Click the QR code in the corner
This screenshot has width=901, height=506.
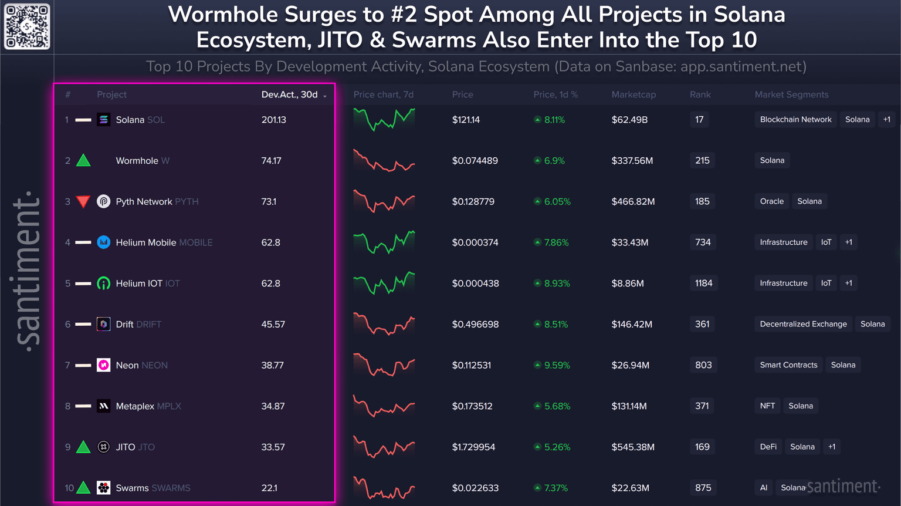(27, 26)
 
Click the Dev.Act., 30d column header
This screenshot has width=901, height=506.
(290, 95)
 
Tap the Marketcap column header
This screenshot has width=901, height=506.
(634, 95)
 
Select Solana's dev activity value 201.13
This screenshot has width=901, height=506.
(273, 120)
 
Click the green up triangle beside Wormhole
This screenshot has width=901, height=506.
(83, 160)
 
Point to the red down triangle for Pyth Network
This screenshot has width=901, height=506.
(83, 202)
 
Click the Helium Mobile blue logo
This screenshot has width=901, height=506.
(103, 242)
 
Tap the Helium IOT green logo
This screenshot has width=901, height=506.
(103, 284)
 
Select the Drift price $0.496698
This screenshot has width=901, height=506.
(475, 324)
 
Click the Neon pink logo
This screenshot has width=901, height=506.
(103, 365)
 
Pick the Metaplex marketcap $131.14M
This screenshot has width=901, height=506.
(629, 406)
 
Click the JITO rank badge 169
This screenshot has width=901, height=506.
(702, 447)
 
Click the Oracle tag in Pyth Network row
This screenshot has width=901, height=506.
(771, 201)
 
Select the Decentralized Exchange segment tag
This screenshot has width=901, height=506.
(803, 324)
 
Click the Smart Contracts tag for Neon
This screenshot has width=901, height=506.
(788, 365)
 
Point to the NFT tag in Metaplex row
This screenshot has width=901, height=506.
(767, 406)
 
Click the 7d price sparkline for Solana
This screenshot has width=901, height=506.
(384, 120)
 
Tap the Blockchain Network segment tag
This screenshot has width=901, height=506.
(795, 120)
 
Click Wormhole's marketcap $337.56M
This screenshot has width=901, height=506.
(632, 161)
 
